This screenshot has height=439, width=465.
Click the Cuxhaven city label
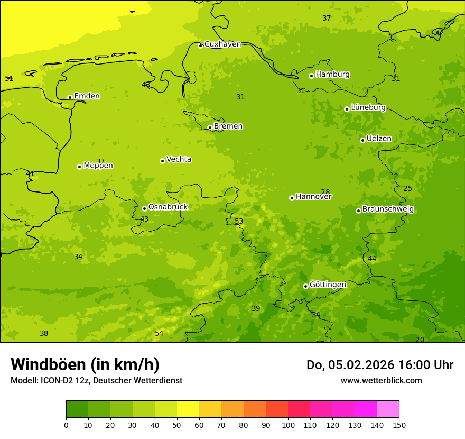222,44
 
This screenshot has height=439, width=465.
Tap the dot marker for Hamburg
311,76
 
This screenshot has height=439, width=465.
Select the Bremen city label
228,126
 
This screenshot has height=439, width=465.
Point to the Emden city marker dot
70,97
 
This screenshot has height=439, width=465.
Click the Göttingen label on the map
328,285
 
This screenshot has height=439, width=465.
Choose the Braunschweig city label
388,209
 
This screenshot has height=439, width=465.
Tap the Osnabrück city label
168,207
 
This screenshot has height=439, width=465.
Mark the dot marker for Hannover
292,198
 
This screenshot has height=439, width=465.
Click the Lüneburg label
368,107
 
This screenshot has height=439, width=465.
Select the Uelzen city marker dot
362,140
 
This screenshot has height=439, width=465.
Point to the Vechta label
179,159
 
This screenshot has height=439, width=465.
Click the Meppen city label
98,166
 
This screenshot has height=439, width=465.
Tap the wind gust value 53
239,221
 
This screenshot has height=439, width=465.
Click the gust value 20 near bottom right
420,340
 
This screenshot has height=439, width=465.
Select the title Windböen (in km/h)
85,364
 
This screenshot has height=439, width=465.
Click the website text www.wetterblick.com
381,381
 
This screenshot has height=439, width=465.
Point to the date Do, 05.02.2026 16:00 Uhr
380,365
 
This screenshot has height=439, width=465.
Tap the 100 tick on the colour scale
288,425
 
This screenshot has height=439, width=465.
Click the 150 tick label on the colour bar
399,425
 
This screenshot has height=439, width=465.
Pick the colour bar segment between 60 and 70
210,409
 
